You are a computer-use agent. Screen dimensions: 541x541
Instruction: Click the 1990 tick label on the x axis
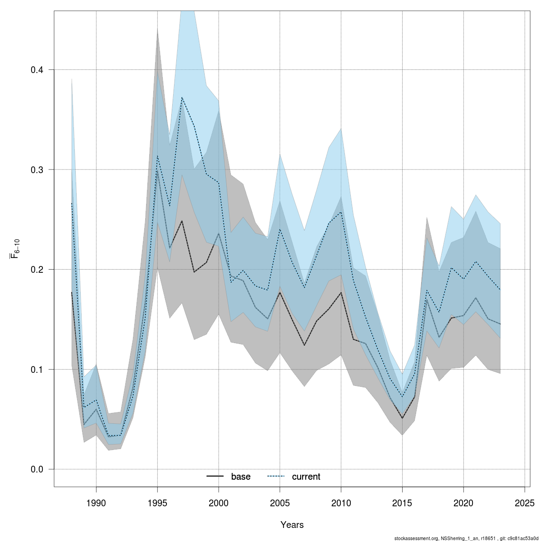[96, 503]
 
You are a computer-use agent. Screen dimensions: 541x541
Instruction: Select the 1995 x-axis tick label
[157, 503]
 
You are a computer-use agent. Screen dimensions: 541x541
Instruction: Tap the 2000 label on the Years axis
[219, 503]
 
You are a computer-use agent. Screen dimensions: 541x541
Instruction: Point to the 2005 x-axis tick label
[280, 503]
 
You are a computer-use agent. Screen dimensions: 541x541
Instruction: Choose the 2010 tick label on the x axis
[341, 503]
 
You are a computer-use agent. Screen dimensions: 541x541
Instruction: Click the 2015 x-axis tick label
[402, 503]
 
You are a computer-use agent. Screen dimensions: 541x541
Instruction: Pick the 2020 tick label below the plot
[463, 503]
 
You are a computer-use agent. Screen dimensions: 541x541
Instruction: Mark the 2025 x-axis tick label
[525, 503]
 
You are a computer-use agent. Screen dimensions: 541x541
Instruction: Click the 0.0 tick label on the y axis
[37, 469]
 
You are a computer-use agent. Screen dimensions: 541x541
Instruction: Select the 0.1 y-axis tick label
[37, 369]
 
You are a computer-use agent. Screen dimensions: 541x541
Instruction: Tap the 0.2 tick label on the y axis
[37, 270]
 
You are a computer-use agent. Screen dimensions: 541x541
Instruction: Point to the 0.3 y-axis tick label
[37, 170]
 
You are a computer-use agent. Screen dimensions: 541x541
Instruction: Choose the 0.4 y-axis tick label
[37, 70]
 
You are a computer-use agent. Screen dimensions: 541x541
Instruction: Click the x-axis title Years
[292, 525]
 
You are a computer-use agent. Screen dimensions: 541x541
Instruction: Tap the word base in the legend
[241, 477]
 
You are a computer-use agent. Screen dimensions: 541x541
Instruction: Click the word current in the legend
[306, 477]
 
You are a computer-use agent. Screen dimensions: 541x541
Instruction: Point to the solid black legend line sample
[215, 477]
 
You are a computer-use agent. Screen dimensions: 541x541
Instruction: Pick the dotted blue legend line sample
[276, 477]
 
